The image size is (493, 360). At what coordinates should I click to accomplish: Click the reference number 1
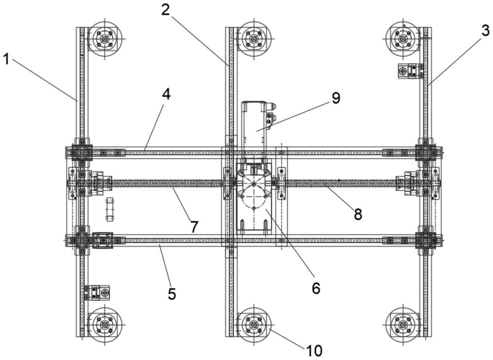click(6, 59)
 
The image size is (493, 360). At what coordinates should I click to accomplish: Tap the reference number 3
click(485, 31)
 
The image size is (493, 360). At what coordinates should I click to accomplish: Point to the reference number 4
click(166, 94)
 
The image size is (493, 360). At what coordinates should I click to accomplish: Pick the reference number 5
click(172, 294)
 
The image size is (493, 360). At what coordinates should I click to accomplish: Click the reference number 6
click(316, 288)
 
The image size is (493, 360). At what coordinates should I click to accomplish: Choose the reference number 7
click(194, 227)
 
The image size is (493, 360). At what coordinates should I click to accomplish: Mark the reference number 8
click(358, 215)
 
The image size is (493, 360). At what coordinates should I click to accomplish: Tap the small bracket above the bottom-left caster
click(97, 293)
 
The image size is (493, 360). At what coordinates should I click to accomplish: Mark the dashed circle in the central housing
click(254, 197)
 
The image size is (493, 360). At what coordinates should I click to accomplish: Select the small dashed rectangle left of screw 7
click(109, 210)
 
